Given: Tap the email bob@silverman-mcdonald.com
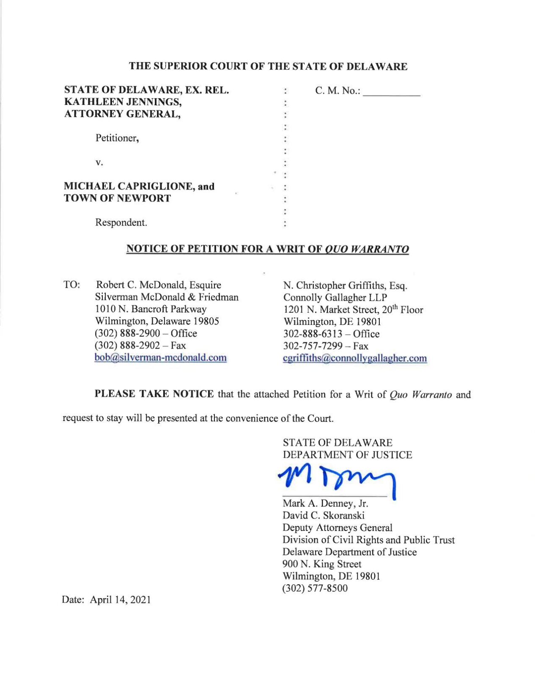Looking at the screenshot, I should tap(160, 357).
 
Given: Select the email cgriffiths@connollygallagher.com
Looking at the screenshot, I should tap(355, 358).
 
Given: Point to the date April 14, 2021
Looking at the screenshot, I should tap(120, 599).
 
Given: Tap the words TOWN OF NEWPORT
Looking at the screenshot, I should tap(117, 198).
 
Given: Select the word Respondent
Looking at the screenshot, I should tap(121, 223).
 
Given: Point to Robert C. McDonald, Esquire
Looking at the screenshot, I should tap(159, 285).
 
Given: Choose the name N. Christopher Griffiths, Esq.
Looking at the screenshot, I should tap(345, 286).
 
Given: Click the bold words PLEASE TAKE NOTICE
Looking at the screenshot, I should tap(154, 394).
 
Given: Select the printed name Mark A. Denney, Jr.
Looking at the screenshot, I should tap(325, 503).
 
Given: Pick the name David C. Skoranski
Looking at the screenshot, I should tap(323, 515).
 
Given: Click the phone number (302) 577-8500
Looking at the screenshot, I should tap(315, 588).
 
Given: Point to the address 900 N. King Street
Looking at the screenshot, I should tap(321, 564).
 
